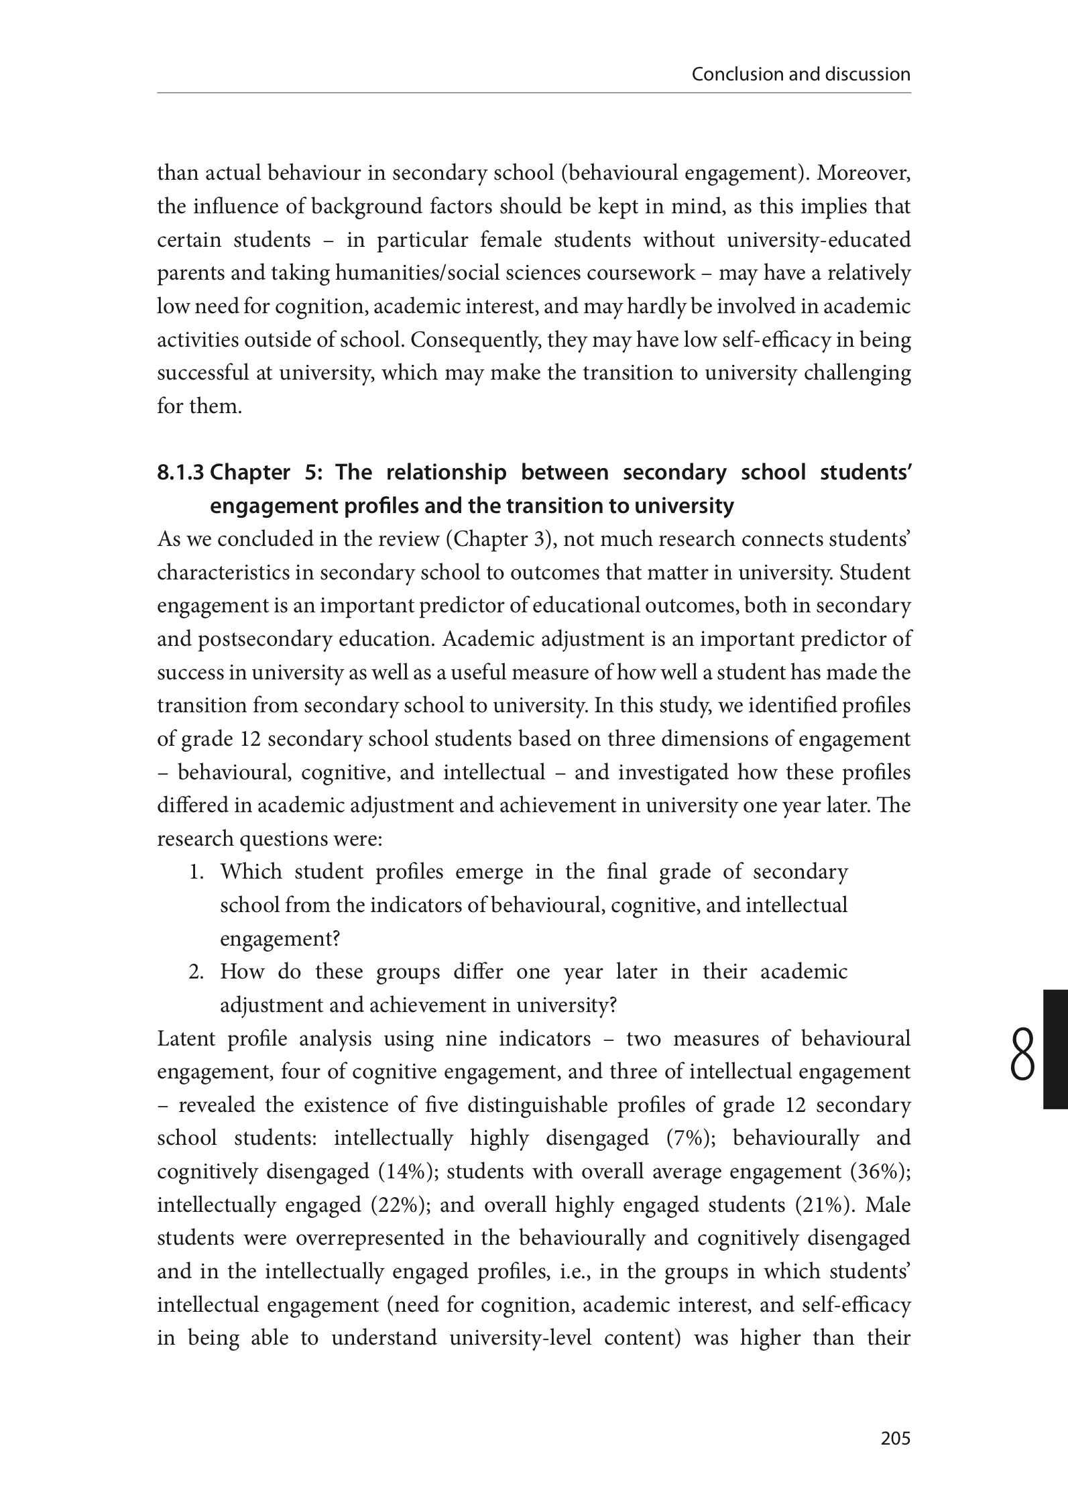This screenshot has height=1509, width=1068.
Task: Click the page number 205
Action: click(896, 1437)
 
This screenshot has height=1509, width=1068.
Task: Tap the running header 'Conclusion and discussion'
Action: click(800, 74)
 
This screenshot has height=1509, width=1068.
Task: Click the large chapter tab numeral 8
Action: click(1022, 1056)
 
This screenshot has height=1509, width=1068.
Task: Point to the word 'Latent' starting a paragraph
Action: click(186, 1039)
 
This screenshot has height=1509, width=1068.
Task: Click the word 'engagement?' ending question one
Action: click(280, 939)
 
